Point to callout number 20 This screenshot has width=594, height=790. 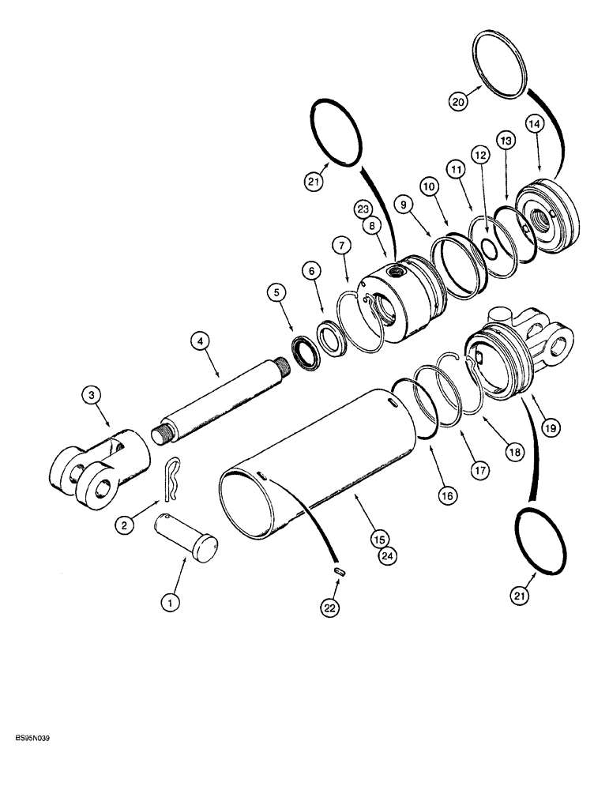(457, 100)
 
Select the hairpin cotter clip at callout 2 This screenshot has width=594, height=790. (176, 480)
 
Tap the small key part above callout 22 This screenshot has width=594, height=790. (339, 571)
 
